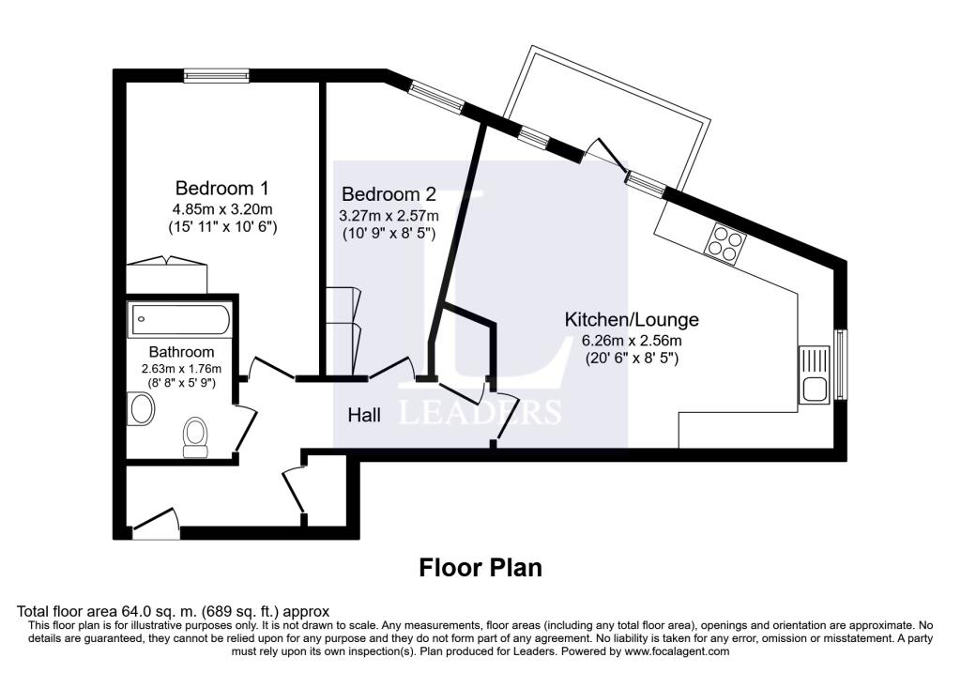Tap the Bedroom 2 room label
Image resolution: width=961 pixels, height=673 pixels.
389,194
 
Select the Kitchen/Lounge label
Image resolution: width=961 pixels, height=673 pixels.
631,319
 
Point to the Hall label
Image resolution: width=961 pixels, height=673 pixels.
364,414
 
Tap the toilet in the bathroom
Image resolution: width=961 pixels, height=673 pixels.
196,435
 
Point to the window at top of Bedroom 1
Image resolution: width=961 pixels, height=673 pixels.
216,76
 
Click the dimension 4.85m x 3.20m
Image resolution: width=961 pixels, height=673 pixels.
221,208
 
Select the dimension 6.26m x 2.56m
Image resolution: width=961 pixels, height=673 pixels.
631,340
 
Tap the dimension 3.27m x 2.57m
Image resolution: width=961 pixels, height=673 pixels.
389,215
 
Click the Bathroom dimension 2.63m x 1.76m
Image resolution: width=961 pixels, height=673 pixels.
178,369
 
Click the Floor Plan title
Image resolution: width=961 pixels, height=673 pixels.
480,568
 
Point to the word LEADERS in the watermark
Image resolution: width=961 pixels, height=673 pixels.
480,412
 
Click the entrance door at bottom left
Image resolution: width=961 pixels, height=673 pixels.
156,526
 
